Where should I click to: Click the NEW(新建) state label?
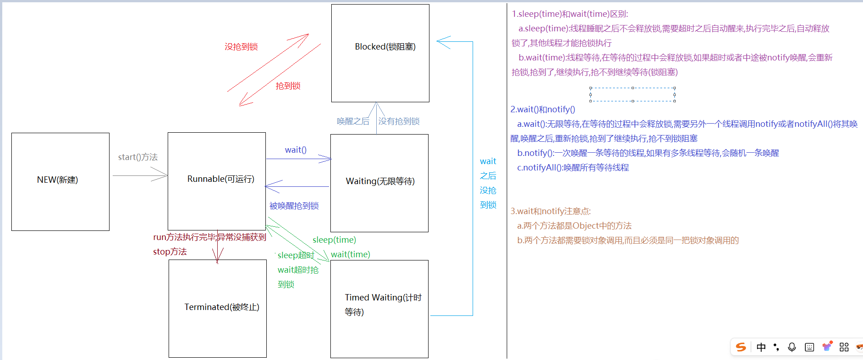pyautogui.click(x=58, y=180)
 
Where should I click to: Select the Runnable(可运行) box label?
pyautogui.click(x=221, y=179)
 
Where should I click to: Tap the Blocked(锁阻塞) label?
pyautogui.click(x=385, y=47)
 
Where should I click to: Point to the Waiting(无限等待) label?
pyautogui.click(x=380, y=181)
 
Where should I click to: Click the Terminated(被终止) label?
pyautogui.click(x=222, y=307)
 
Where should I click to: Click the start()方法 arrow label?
pyautogui.click(x=138, y=157)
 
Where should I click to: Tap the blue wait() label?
pyautogui.click(x=295, y=150)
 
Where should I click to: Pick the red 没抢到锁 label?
pyautogui.click(x=241, y=47)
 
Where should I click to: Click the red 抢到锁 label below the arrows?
pyautogui.click(x=288, y=86)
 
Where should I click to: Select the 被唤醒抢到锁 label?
pyautogui.click(x=294, y=206)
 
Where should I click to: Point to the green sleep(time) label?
pyautogui.click(x=334, y=240)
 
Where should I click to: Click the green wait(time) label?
pyautogui.click(x=350, y=255)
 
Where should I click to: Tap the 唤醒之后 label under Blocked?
pyautogui.click(x=353, y=121)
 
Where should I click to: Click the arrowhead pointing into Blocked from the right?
pyautogui.click(x=442, y=42)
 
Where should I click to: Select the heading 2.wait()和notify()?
pyautogui.click(x=543, y=110)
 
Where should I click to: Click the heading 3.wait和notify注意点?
pyautogui.click(x=550, y=211)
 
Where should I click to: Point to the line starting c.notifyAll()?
pyautogui.click(x=573, y=168)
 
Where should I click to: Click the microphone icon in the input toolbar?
pyautogui.click(x=792, y=347)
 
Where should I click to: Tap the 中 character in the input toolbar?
pyautogui.click(x=761, y=347)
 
